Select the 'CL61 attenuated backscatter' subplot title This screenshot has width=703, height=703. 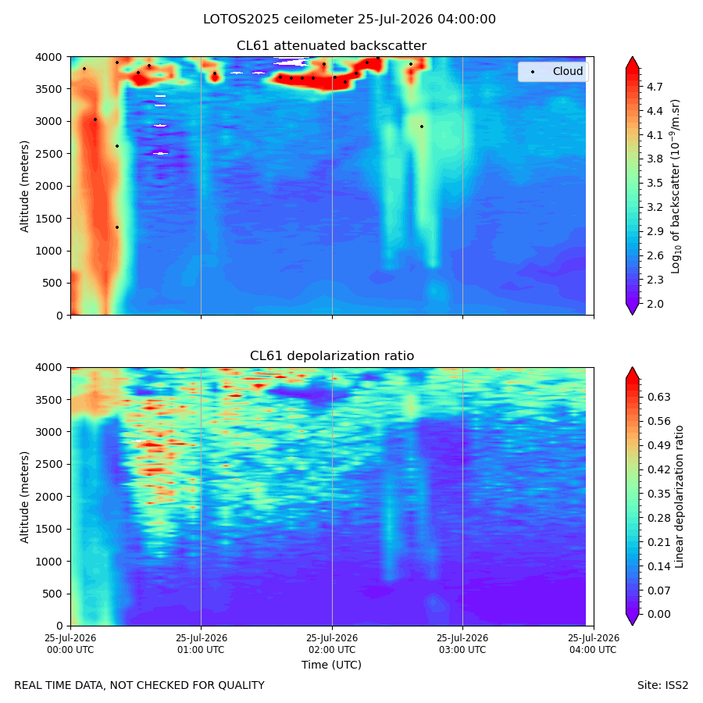(331, 46)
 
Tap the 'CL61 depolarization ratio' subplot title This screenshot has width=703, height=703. (332, 356)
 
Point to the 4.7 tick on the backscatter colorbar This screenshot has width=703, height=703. (655, 87)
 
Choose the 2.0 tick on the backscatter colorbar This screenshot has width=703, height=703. (655, 304)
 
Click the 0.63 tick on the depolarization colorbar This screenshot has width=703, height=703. (659, 398)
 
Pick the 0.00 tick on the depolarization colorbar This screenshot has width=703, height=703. (659, 614)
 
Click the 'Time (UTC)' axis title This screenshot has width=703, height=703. (331, 665)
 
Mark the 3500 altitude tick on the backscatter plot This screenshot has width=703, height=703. (49, 89)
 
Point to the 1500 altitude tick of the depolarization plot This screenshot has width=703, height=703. (49, 529)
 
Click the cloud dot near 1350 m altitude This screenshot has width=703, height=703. (117, 227)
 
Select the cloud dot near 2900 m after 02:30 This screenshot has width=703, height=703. (422, 127)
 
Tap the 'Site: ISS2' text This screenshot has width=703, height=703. (662, 686)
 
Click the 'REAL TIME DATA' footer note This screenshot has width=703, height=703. (140, 686)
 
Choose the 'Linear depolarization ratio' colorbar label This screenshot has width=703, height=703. (679, 497)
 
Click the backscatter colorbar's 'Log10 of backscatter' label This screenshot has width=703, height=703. (675, 187)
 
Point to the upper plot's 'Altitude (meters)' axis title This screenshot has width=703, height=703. (24, 187)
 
